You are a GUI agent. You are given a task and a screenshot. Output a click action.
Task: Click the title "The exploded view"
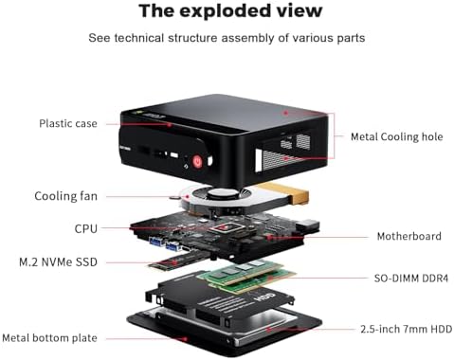(x=229, y=11)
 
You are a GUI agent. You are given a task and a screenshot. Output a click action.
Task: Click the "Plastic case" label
(x=69, y=123)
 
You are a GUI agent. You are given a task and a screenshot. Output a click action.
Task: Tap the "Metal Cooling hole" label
(x=396, y=136)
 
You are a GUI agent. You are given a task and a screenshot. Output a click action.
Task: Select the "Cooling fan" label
(x=65, y=196)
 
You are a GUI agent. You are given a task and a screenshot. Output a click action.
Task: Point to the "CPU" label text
(x=85, y=228)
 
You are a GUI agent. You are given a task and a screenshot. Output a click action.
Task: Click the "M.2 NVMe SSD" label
(x=58, y=261)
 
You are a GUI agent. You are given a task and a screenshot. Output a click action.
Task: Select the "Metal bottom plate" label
(x=49, y=337)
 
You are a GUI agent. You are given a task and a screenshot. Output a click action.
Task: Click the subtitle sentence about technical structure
(x=227, y=38)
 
